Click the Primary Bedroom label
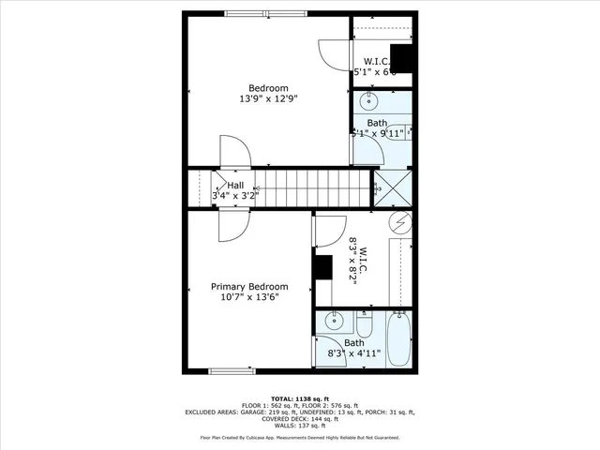tap(248, 286)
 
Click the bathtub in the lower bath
tap(397, 343)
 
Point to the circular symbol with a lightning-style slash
tap(400, 222)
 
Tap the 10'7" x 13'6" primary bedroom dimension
tap(248, 297)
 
